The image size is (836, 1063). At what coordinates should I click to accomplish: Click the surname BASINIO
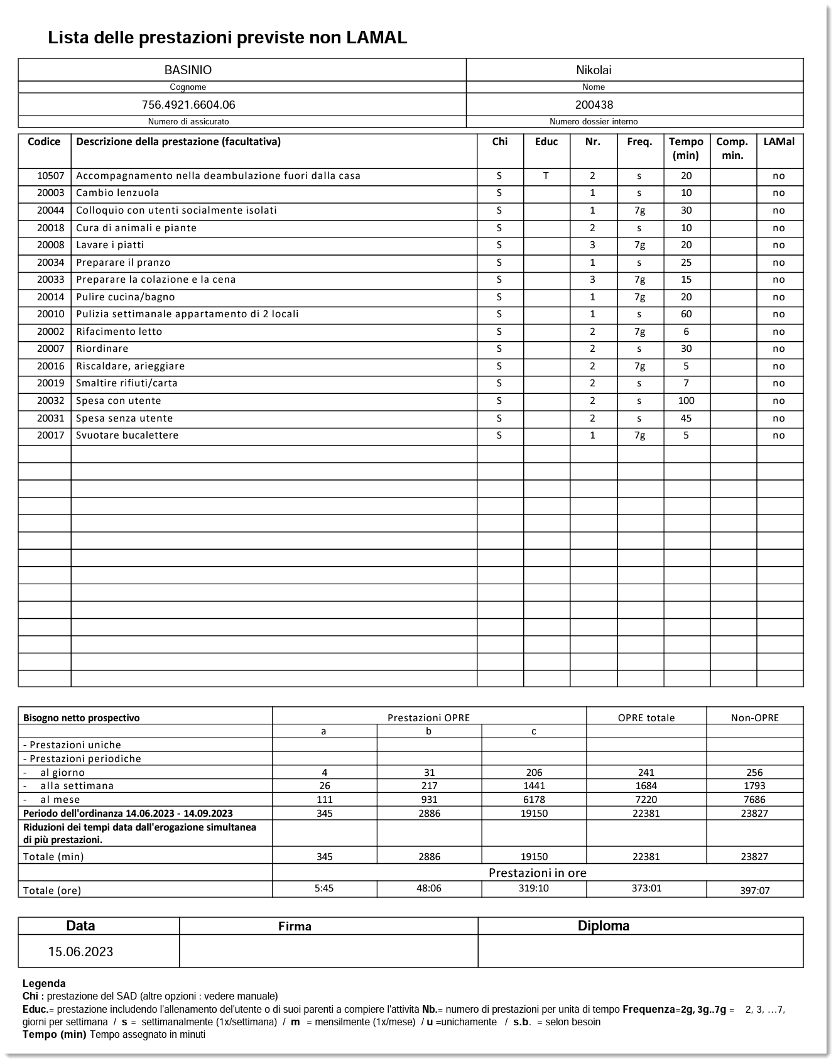coord(188,70)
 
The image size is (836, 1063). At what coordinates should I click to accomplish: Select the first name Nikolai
coord(594,70)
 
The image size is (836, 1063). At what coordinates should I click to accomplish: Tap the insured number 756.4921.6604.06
coord(188,105)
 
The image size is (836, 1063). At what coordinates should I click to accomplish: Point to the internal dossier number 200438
coord(594,105)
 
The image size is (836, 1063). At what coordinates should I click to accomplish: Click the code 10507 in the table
coord(50,176)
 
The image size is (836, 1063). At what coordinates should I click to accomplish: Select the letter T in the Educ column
coord(546,176)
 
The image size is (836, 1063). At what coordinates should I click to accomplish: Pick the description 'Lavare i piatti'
coord(110,245)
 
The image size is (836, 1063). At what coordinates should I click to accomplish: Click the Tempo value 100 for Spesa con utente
coord(686,401)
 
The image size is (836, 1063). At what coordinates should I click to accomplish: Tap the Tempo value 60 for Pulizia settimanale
coord(686,314)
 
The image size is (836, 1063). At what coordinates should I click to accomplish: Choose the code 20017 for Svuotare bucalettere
coord(50,435)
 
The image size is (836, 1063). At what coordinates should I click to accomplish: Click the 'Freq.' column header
coord(639,142)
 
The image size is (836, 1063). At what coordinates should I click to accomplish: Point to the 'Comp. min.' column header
coord(732,148)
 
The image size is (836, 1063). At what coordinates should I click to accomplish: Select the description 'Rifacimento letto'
coord(119,332)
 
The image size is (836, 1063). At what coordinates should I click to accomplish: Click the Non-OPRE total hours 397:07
coord(754,890)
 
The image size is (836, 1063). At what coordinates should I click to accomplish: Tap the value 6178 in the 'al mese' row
coord(534,800)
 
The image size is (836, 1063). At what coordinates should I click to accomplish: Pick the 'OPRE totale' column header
coord(646,717)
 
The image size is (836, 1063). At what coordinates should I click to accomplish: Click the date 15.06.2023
coord(80,952)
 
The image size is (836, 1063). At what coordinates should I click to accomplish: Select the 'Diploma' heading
coord(604,926)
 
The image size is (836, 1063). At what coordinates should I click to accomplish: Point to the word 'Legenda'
coord(44,984)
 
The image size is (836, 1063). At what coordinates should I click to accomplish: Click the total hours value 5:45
coord(324,888)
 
